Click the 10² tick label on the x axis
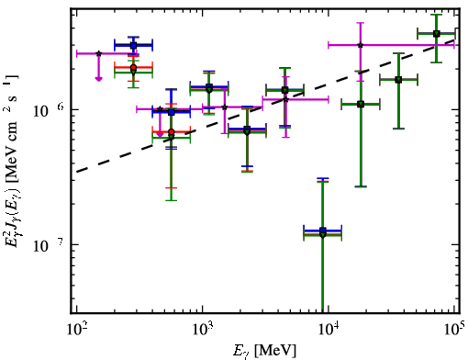click(x=76, y=330)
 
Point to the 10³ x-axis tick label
click(x=203, y=330)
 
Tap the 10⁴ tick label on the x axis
click(x=329, y=330)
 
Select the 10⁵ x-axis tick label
click(x=454, y=330)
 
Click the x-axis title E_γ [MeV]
click(x=265, y=351)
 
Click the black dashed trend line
click(x=265, y=106)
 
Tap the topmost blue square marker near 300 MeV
click(x=133, y=46)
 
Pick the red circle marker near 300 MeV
click(x=133, y=67)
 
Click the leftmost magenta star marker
click(x=98, y=53)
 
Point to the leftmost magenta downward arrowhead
click(x=98, y=79)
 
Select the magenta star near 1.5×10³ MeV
click(x=225, y=107)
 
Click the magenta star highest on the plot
click(x=361, y=45)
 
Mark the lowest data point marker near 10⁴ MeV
click(x=323, y=234)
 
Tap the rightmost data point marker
click(x=437, y=34)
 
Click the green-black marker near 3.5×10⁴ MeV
click(x=398, y=80)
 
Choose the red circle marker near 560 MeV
click(x=172, y=132)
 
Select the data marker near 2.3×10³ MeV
click(x=247, y=130)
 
